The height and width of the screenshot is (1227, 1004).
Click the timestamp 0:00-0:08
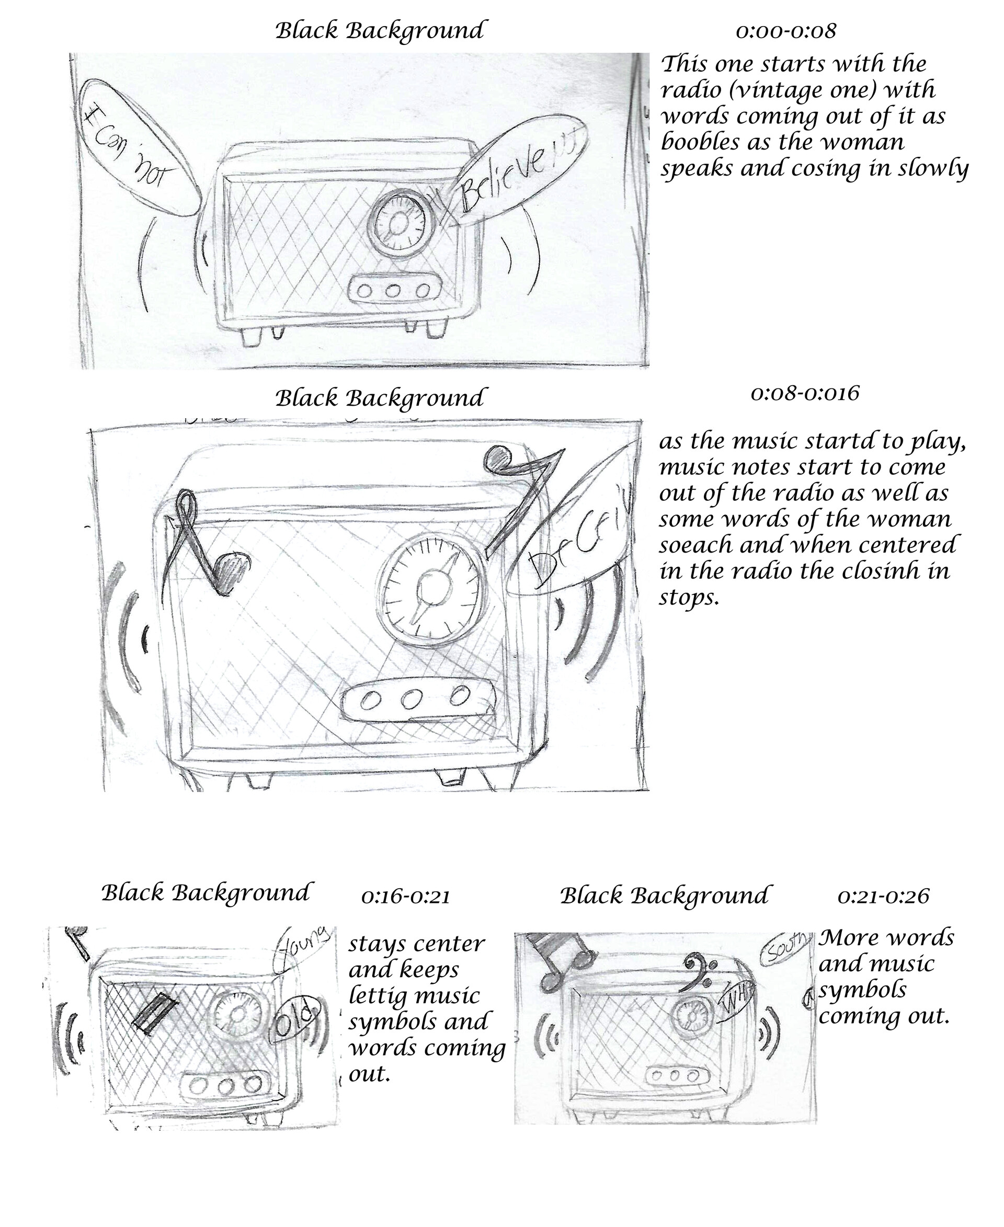point(785,31)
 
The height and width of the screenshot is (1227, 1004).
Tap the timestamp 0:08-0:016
point(804,394)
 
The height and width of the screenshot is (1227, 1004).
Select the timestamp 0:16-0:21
point(405,897)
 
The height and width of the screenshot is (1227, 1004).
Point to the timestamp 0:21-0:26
point(883,897)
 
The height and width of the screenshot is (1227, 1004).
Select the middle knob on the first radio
point(393,290)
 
